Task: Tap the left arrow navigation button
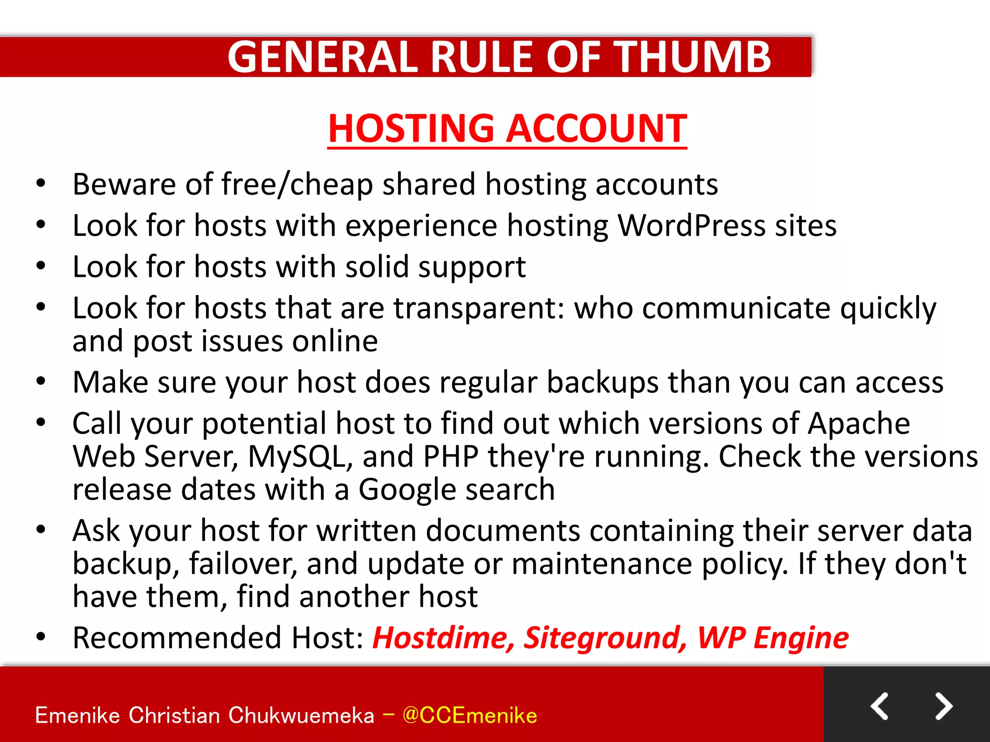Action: tap(879, 706)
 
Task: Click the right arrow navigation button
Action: tap(943, 706)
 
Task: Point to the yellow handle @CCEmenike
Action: tap(469, 715)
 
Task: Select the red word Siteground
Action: tap(605, 638)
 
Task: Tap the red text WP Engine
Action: tap(772, 638)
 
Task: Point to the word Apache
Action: tap(859, 424)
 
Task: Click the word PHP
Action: tap(451, 457)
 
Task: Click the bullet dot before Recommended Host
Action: tap(41, 637)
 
